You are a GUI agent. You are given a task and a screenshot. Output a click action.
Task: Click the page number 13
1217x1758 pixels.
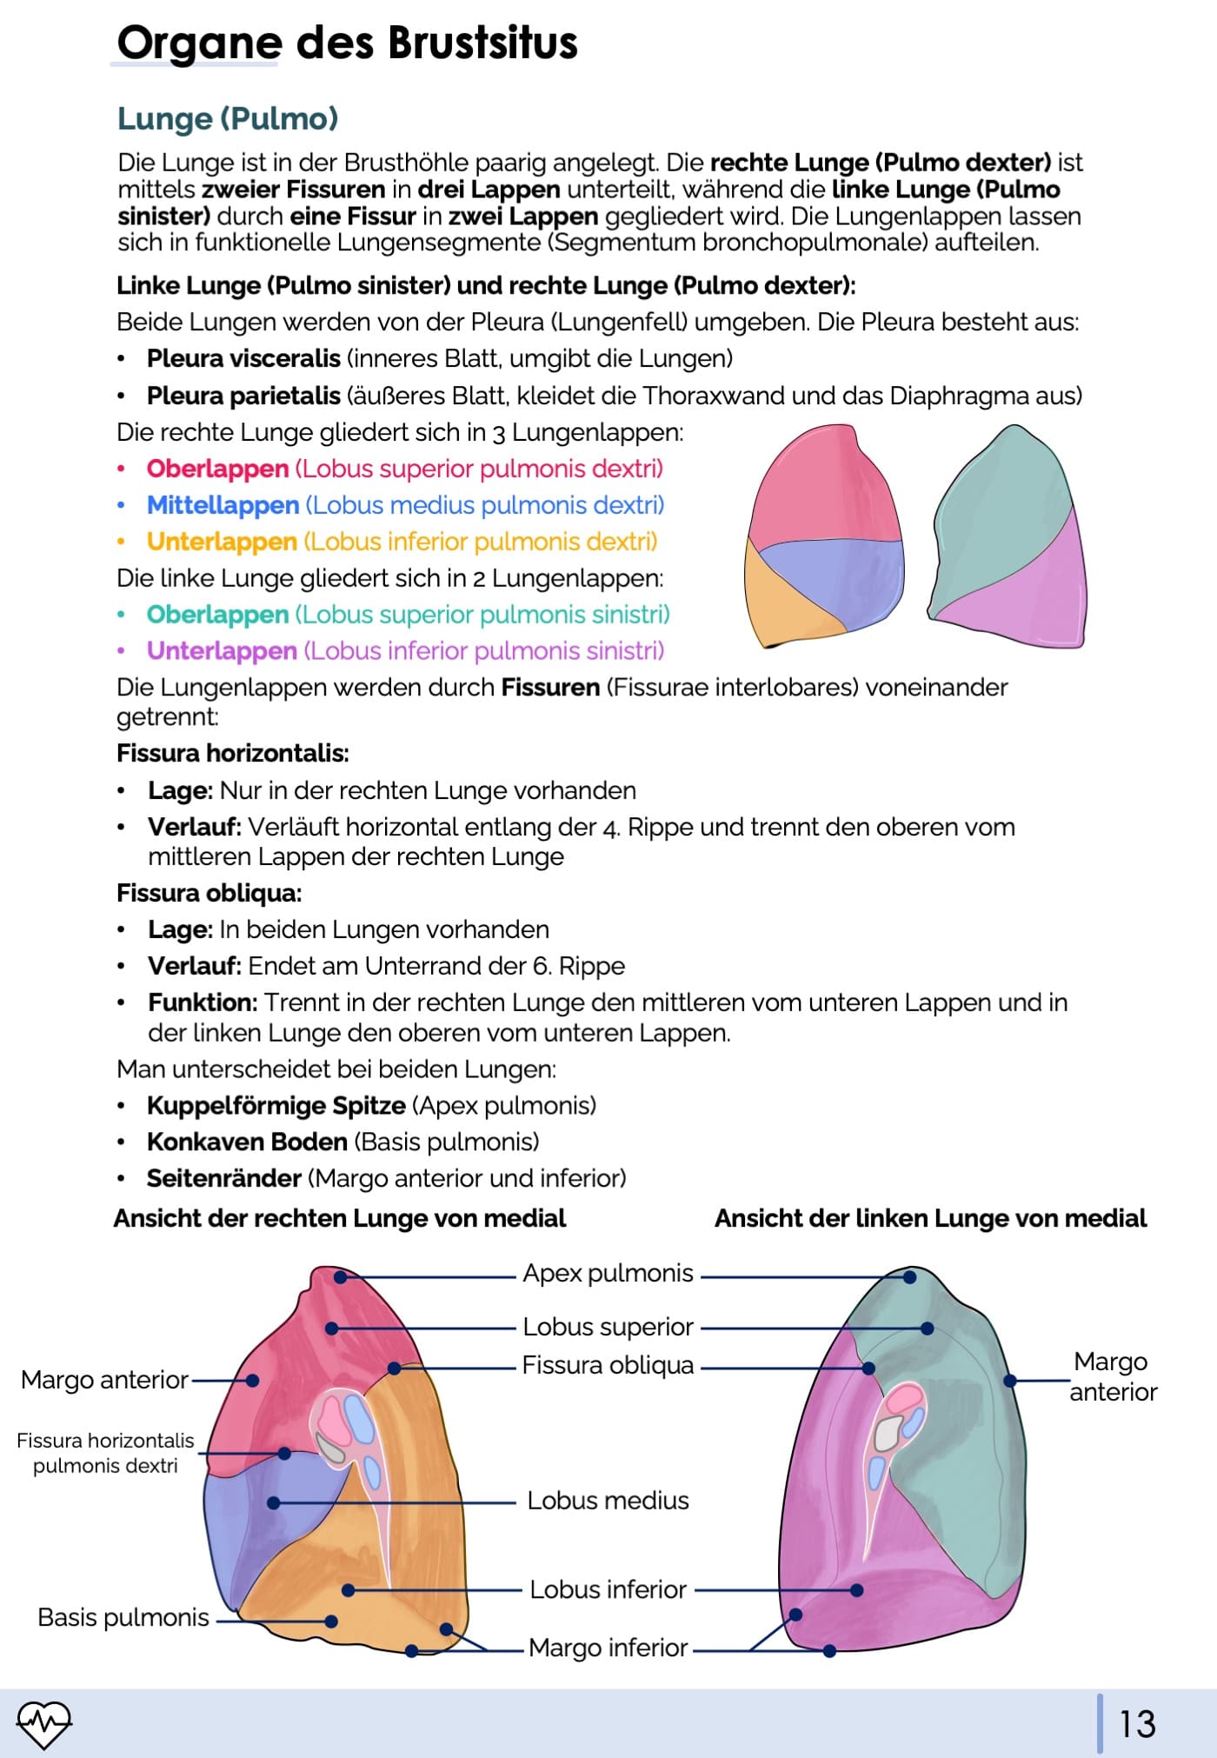point(1137,1724)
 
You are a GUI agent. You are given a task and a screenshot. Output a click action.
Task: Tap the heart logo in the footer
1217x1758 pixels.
point(43,1723)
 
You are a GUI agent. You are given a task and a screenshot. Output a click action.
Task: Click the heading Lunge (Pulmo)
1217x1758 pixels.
point(228,118)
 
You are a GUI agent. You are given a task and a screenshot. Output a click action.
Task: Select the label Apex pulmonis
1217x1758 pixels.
point(608,1273)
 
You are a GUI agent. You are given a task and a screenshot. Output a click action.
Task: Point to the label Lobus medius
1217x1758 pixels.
point(608,1500)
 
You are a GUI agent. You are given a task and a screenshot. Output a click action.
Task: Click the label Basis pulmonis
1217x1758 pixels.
point(123,1617)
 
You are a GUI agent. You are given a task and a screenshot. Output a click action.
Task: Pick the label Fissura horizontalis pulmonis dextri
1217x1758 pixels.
point(105,1453)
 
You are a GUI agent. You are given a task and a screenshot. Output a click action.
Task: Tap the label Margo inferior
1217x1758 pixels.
point(608,1647)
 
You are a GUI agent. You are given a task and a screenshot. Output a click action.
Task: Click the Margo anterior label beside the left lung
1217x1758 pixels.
point(1113,1376)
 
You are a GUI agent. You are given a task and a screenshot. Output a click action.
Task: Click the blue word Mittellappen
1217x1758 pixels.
point(223,505)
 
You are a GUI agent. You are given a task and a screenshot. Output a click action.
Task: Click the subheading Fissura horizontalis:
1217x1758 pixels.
point(233,753)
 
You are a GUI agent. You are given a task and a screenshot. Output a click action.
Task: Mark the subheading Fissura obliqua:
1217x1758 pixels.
point(209,893)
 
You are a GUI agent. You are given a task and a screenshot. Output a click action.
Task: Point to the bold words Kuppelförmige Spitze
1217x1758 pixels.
point(276,1105)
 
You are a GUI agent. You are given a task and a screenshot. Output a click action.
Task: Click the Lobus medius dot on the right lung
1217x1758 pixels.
point(274,1502)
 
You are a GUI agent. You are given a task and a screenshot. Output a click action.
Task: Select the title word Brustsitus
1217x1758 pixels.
point(482,43)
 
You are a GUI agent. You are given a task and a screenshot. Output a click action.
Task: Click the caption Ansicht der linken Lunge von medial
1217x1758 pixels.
point(930,1218)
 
